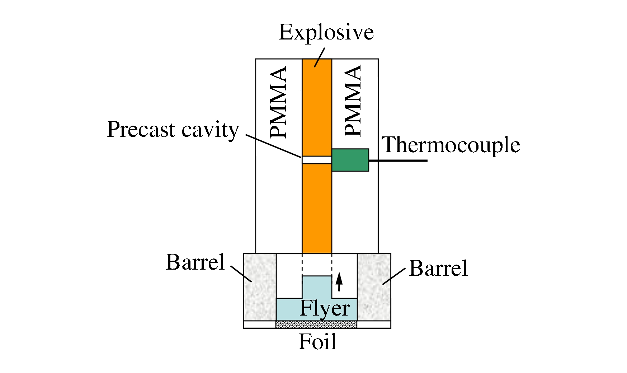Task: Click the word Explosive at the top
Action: point(326,33)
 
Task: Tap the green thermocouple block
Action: point(350,160)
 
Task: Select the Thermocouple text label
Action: point(451,145)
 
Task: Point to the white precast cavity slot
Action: point(317,160)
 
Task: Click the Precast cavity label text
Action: point(173,130)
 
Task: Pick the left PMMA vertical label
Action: point(279,102)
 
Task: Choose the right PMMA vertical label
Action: point(353,101)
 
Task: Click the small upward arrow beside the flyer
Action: point(339,282)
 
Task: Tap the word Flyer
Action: point(325,308)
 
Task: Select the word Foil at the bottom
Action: point(317,342)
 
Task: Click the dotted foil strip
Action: point(316,325)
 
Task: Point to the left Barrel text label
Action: point(195,262)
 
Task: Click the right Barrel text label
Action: point(438,268)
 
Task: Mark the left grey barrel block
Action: point(260,287)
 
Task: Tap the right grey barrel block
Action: point(374,287)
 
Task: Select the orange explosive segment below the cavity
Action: point(317,208)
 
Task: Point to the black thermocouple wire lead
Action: point(398,160)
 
